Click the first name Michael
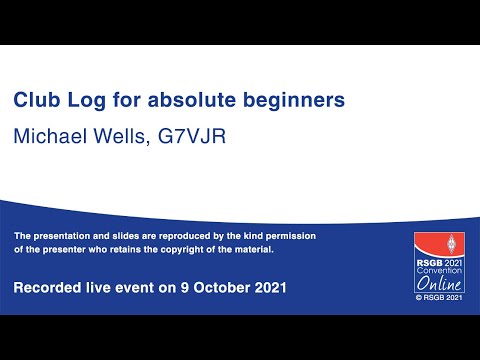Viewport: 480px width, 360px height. tap(50, 136)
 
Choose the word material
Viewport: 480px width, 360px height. tap(252, 249)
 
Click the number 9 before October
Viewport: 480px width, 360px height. tap(176, 288)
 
